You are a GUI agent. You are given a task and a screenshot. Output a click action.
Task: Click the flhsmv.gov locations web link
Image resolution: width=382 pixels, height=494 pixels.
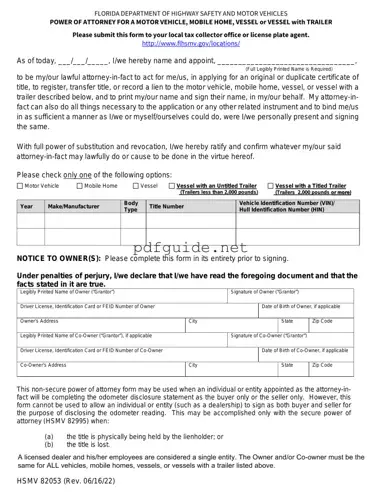[x=190, y=44]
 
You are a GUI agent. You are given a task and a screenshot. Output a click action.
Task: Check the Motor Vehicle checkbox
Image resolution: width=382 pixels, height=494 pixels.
[x=20, y=186]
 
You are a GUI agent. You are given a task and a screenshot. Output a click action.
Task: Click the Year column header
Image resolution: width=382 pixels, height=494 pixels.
[x=27, y=206]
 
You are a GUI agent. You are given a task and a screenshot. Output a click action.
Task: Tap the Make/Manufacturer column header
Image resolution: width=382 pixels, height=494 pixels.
[x=74, y=206]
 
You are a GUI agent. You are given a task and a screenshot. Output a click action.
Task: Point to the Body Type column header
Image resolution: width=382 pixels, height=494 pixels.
[x=131, y=206]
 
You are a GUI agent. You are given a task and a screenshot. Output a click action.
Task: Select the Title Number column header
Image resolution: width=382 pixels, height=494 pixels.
[x=167, y=206]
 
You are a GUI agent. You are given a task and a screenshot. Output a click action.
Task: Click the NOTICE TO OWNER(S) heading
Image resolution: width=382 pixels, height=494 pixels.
[x=61, y=257]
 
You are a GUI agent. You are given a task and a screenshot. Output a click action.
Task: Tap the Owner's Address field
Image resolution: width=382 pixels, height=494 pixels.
[x=101, y=326]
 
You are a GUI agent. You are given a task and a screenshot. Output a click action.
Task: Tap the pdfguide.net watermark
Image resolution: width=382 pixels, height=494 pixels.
[x=190, y=246]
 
